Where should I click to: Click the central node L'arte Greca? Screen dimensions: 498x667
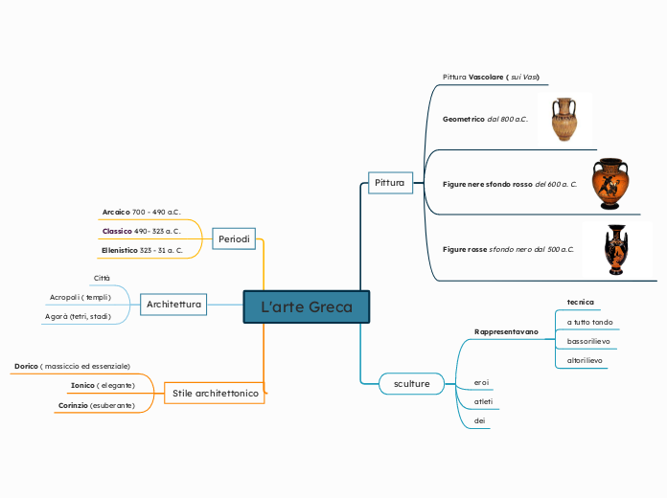point(306,306)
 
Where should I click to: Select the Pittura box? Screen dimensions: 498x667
point(389,182)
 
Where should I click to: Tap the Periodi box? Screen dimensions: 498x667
point(234,238)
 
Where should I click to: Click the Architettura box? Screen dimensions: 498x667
point(173,305)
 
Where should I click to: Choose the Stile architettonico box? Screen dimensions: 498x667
point(215,393)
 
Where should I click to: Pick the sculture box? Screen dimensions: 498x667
point(412,383)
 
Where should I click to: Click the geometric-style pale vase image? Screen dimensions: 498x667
point(564,119)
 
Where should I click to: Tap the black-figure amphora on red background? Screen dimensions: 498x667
point(609,184)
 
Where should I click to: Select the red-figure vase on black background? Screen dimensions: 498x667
point(616,249)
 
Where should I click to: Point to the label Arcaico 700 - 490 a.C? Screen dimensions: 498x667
point(141,212)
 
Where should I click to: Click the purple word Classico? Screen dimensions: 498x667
point(117,231)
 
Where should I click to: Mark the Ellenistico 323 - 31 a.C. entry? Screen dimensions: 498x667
point(141,250)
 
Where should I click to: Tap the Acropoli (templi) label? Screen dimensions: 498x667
point(80,297)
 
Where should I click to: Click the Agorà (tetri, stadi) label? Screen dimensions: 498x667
point(78,316)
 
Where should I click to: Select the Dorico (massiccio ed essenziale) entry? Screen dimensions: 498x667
point(72,366)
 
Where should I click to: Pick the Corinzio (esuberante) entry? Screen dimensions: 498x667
point(96,405)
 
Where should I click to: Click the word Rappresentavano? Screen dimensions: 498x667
point(506,331)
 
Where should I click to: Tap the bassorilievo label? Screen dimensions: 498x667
point(588,341)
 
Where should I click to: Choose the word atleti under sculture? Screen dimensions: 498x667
point(484,401)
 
